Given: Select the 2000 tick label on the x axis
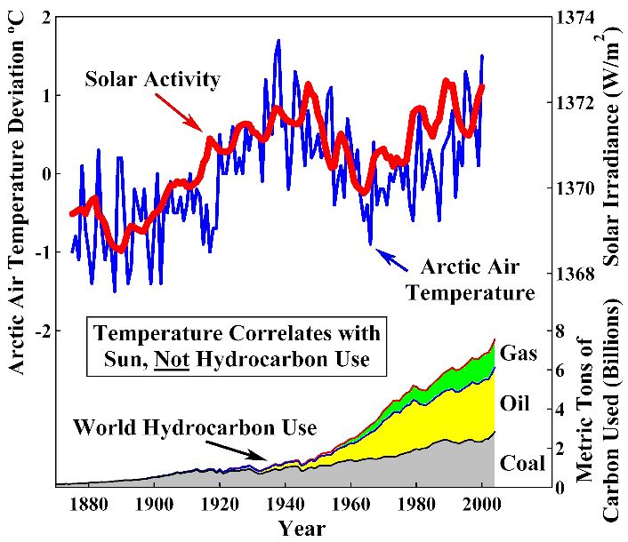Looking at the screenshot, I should click(x=481, y=504).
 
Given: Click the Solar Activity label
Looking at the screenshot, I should click(x=152, y=80).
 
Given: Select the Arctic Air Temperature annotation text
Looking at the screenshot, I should click(x=470, y=279).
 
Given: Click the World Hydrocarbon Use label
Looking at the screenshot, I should click(x=195, y=428).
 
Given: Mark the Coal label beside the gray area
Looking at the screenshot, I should click(x=523, y=463).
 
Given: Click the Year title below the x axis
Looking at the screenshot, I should click(x=302, y=528).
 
